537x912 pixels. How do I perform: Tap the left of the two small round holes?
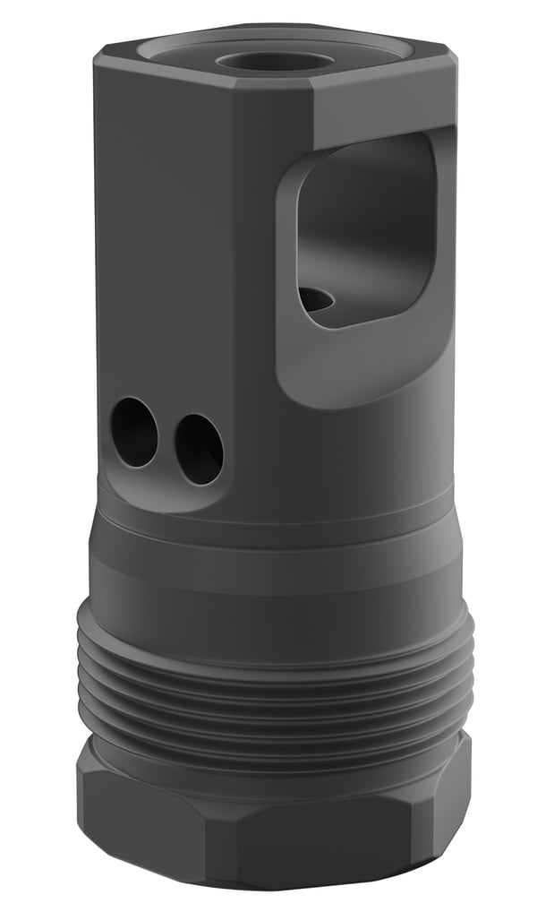(134, 433)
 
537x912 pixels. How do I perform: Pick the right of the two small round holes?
(199, 449)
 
